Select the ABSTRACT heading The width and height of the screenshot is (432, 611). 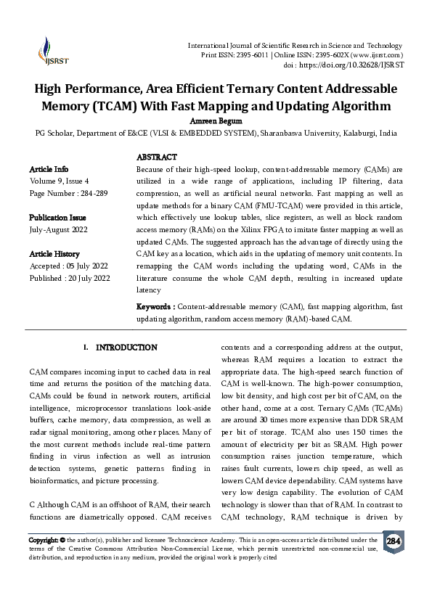click(x=157, y=157)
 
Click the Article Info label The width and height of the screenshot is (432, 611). click(x=49, y=168)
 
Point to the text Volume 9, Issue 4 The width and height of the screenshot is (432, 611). click(x=60, y=181)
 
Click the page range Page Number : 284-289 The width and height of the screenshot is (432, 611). click(x=68, y=193)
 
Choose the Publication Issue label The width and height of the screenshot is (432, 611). click(x=57, y=218)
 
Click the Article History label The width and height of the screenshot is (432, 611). click(x=54, y=254)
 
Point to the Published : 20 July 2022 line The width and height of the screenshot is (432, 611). click(x=70, y=278)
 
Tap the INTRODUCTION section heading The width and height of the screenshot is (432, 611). click(x=126, y=348)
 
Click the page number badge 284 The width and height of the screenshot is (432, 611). click(x=393, y=541)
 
